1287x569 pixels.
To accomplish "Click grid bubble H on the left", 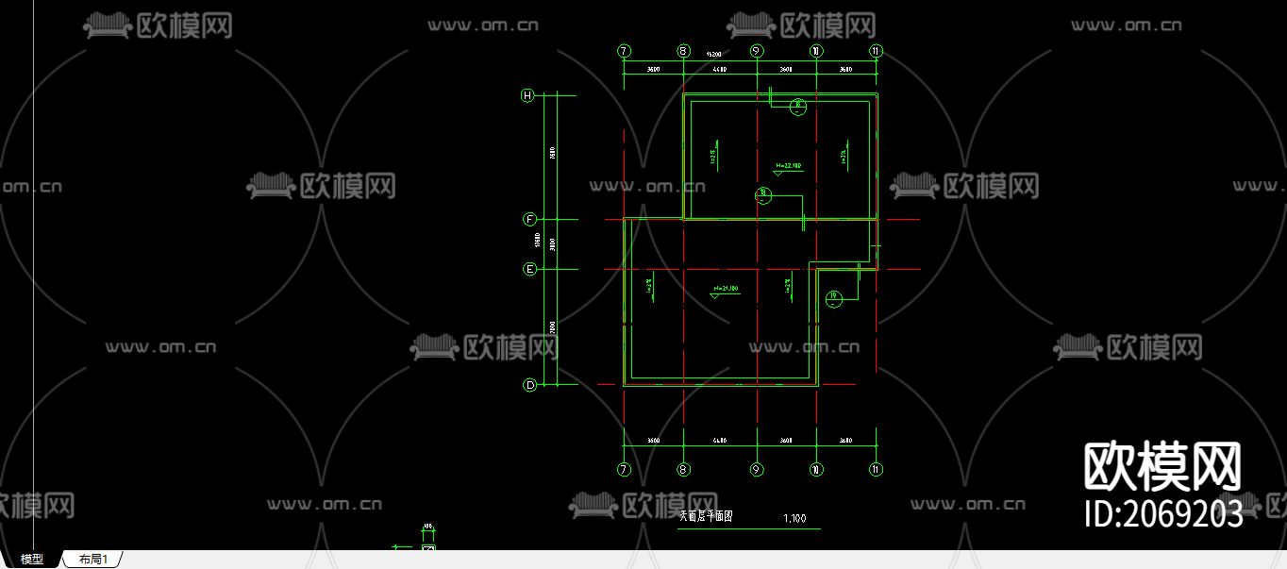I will pyautogui.click(x=528, y=95).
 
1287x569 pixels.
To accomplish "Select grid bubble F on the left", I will pyautogui.click(x=529, y=220).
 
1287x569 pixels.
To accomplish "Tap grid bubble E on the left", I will pyautogui.click(x=529, y=269).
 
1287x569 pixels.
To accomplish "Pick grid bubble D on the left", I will pyautogui.click(x=529, y=385).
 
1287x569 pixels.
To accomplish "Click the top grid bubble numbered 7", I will pyautogui.click(x=624, y=51).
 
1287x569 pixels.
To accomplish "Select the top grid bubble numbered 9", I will pyautogui.click(x=756, y=51).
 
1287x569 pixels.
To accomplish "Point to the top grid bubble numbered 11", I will pyautogui.click(x=877, y=51).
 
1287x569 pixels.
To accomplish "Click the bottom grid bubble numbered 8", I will pyautogui.click(x=684, y=469).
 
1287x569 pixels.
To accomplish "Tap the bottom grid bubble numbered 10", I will pyautogui.click(x=816, y=469).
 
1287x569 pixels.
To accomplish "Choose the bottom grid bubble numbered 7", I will pyautogui.click(x=624, y=469).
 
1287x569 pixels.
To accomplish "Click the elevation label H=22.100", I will pyautogui.click(x=788, y=166).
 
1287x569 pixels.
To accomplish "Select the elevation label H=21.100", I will pyautogui.click(x=726, y=288).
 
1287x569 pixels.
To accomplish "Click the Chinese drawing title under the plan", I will pyautogui.click(x=707, y=517).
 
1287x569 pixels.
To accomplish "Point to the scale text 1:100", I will pyautogui.click(x=794, y=518).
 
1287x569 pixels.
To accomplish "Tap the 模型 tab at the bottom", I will pyautogui.click(x=32, y=560).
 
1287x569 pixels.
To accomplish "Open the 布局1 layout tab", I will pyautogui.click(x=92, y=560).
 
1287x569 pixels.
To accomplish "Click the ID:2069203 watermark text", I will pyautogui.click(x=1162, y=513).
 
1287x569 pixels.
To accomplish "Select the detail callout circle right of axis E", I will pyautogui.click(x=833, y=299).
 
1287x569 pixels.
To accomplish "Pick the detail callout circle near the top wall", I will pyautogui.click(x=797, y=106).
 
